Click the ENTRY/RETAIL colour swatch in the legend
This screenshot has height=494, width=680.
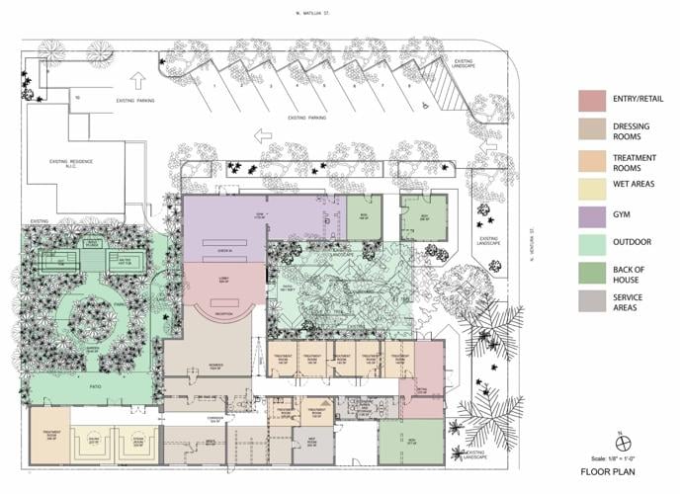click(x=592, y=100)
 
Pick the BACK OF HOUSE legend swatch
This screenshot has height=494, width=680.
click(x=592, y=272)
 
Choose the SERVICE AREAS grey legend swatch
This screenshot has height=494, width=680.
click(x=592, y=301)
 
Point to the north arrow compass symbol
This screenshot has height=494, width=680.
click(x=617, y=442)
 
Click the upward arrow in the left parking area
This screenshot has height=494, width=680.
click(x=138, y=78)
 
